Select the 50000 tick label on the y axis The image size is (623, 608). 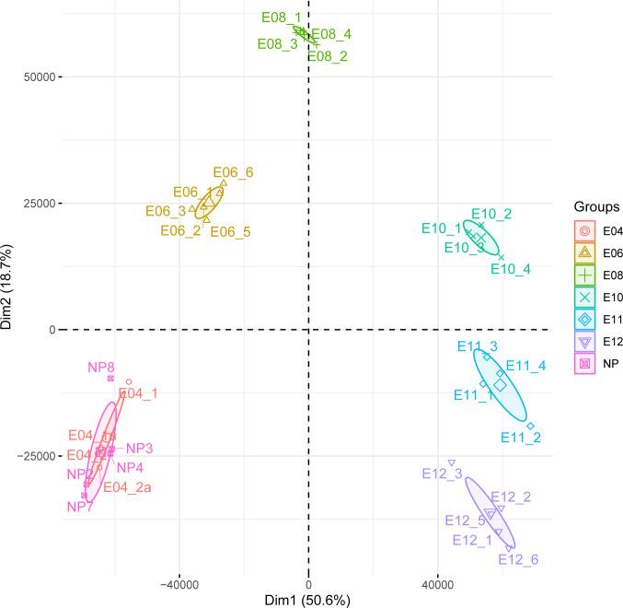coord(36,76)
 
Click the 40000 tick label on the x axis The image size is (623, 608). coord(437,584)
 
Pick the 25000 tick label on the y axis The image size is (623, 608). coord(36,203)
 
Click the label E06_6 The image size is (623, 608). coord(233,171)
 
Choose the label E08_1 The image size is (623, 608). coord(281,18)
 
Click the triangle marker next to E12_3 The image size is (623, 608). coord(452,462)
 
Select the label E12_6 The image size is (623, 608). coord(518,558)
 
